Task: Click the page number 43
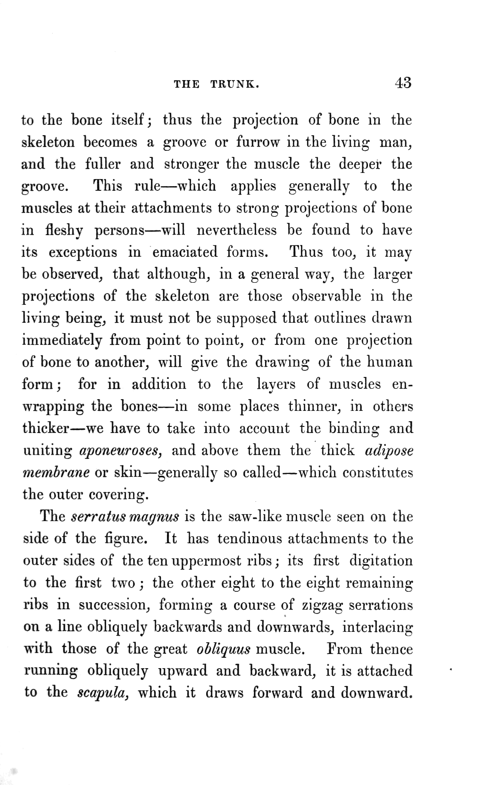coord(403,83)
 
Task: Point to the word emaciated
coord(185,252)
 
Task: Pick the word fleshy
coord(65,230)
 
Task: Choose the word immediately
coord(62,340)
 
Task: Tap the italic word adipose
coord(389,451)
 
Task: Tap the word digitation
coord(381,561)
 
